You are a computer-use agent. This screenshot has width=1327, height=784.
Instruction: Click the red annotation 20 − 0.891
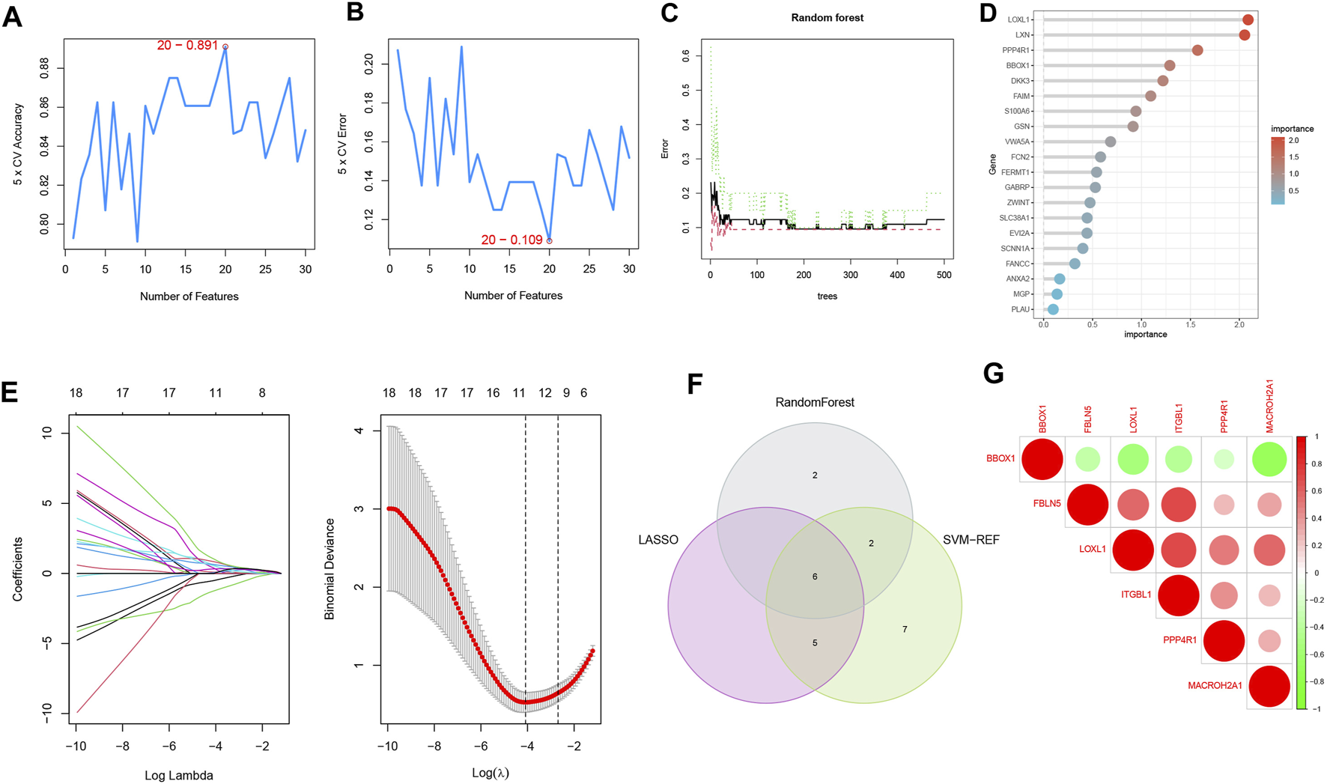click(x=187, y=46)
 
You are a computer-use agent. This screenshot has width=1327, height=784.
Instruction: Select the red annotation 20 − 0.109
click(x=511, y=240)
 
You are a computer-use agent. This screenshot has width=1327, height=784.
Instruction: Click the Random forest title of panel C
click(x=827, y=18)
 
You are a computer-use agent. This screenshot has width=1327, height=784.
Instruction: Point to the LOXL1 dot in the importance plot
click(x=1248, y=20)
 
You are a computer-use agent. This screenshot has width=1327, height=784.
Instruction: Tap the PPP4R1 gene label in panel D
click(x=1016, y=50)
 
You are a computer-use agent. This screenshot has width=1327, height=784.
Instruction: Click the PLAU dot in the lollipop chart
click(x=1053, y=309)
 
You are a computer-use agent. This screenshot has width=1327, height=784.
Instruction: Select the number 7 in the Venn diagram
click(x=905, y=629)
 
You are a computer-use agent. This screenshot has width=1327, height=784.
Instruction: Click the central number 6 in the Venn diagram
click(x=815, y=577)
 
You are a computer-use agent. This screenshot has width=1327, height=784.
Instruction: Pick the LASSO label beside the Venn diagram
click(x=658, y=540)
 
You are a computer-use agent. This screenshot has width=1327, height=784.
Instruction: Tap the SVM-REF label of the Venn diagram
click(x=971, y=540)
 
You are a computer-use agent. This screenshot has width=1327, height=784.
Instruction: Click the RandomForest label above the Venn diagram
click(x=815, y=402)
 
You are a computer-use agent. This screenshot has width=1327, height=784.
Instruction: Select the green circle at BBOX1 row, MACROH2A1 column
click(x=1269, y=458)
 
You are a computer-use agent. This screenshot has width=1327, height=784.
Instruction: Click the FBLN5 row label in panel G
click(x=1047, y=503)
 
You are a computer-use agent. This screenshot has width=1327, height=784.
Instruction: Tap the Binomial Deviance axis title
click(x=330, y=569)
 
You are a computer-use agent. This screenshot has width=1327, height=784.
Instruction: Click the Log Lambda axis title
click(x=178, y=775)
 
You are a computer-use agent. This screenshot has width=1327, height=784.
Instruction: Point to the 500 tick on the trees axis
click(x=944, y=275)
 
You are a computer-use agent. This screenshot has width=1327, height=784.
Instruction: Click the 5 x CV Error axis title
click(x=343, y=145)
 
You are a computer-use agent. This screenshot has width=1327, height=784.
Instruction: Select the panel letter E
click(x=10, y=390)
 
